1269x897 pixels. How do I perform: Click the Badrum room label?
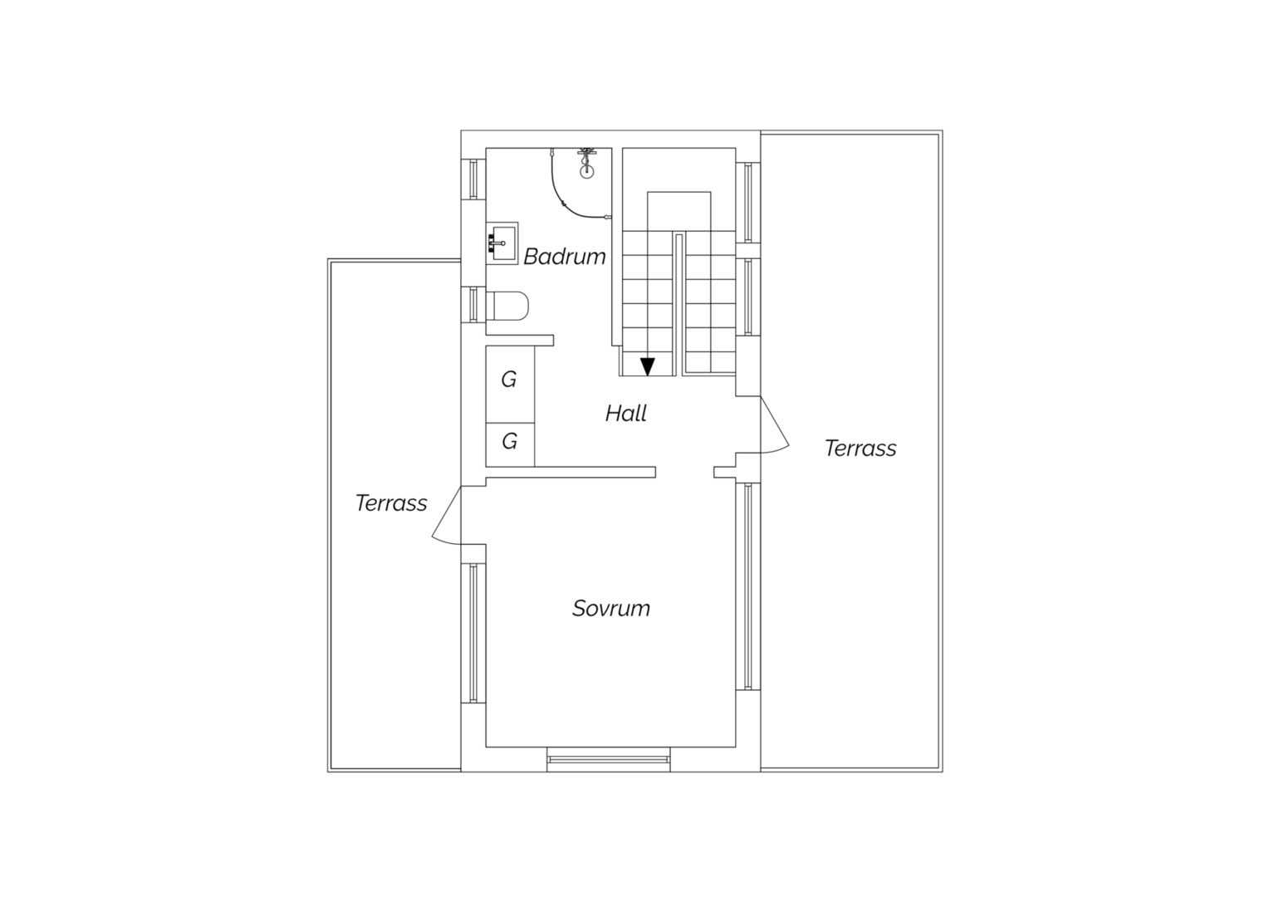click(x=564, y=257)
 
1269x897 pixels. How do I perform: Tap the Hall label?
click(x=626, y=414)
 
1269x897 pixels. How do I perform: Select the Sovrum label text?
click(x=610, y=609)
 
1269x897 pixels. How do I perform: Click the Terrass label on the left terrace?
click(x=391, y=503)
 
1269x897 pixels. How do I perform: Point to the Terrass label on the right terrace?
click(x=860, y=448)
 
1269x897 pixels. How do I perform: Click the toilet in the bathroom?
click(x=507, y=306)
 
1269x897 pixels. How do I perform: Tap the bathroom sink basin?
click(x=503, y=243)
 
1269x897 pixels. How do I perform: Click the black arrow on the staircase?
click(x=648, y=366)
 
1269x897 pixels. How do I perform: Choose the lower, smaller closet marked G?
click(x=510, y=445)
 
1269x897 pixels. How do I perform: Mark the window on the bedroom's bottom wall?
click(x=609, y=759)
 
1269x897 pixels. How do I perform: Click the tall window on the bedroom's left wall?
click(x=473, y=633)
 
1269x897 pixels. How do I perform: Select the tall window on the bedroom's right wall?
click(x=747, y=586)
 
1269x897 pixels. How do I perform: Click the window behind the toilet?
click(x=473, y=304)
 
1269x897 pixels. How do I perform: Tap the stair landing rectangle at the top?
click(x=679, y=211)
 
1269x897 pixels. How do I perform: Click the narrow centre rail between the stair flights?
click(x=679, y=304)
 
